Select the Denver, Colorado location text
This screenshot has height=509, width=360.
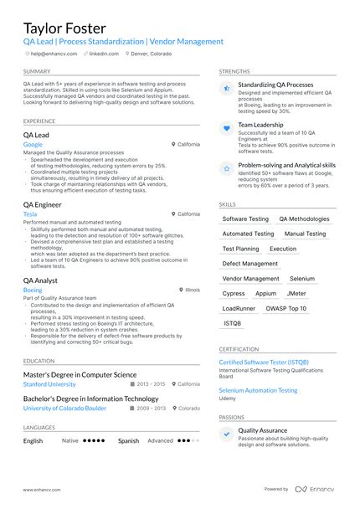(x=152, y=53)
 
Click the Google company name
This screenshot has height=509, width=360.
(x=33, y=144)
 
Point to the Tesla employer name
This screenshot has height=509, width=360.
(x=30, y=213)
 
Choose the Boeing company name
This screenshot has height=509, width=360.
(x=33, y=290)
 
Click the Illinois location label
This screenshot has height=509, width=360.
(x=192, y=290)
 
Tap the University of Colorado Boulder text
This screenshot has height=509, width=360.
(x=64, y=408)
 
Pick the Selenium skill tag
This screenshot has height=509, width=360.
(x=302, y=279)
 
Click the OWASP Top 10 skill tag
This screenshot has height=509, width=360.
(x=285, y=308)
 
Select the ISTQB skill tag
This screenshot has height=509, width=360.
(x=232, y=323)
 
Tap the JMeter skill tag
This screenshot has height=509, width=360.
(x=296, y=294)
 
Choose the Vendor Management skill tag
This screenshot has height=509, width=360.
(x=251, y=279)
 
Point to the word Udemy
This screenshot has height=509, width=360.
(x=228, y=398)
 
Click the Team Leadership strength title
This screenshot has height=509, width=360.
(x=260, y=125)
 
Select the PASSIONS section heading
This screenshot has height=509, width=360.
(x=232, y=416)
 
